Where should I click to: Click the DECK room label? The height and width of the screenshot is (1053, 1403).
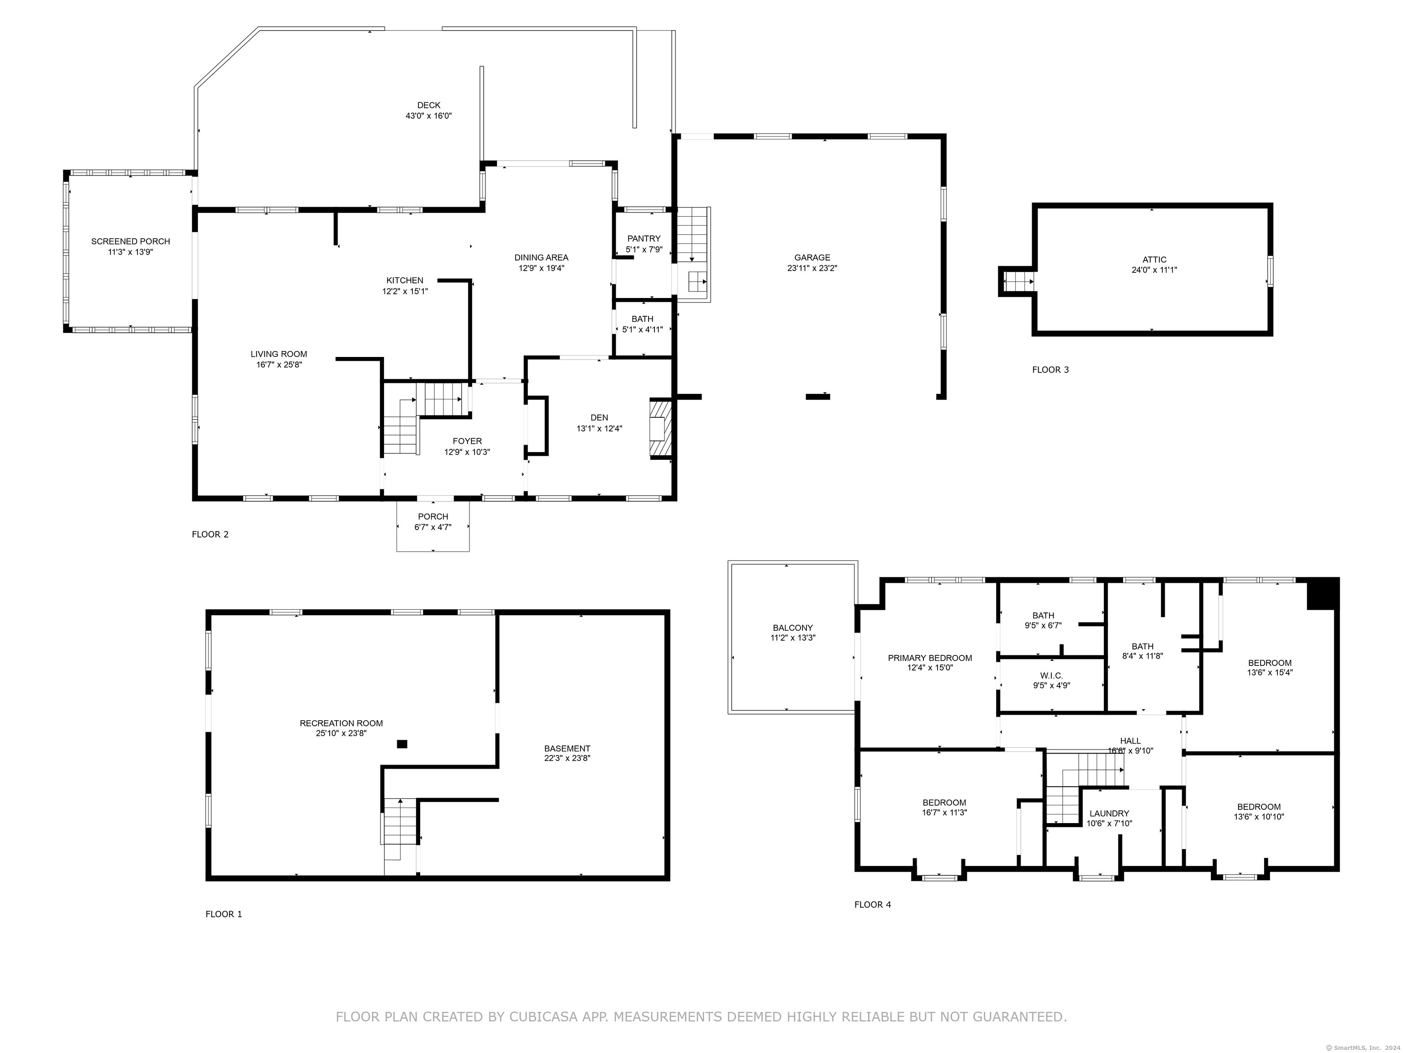click(x=429, y=106)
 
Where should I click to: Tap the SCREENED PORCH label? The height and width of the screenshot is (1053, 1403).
click(x=131, y=241)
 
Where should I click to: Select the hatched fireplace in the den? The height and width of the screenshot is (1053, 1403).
click(x=659, y=428)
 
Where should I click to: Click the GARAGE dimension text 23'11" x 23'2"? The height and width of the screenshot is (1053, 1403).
click(x=812, y=268)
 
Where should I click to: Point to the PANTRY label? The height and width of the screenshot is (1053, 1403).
click(x=644, y=239)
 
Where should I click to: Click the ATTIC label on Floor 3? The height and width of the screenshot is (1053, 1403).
click(x=1155, y=260)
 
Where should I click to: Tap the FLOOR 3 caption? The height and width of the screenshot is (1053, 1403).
click(x=1050, y=369)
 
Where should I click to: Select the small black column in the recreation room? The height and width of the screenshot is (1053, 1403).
click(x=401, y=744)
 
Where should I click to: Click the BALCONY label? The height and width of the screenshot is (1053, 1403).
click(x=793, y=628)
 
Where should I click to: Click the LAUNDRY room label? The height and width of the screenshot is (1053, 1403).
click(x=1109, y=814)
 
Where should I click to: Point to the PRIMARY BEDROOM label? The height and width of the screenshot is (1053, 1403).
click(x=930, y=658)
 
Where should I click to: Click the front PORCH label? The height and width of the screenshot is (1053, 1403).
click(x=433, y=516)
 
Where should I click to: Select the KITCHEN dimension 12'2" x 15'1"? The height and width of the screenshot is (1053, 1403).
click(x=405, y=291)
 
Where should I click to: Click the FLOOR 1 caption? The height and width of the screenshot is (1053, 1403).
click(x=224, y=914)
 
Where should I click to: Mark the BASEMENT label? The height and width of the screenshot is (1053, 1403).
click(x=567, y=748)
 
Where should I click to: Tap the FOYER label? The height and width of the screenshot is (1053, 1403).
click(x=468, y=441)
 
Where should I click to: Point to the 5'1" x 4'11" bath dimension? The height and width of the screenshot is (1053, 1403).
click(x=643, y=330)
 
